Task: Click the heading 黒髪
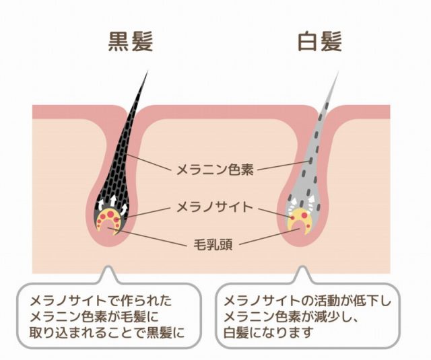pos(132,42)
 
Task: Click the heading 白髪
pos(319,42)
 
